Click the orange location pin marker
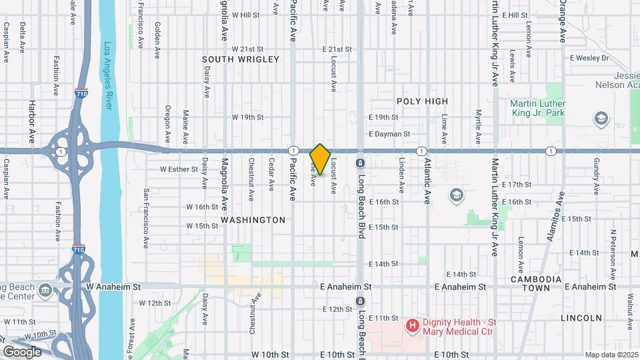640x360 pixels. coord(320,159)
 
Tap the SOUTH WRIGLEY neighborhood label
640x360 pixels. coord(231,60)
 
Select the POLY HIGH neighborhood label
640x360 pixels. coord(422,101)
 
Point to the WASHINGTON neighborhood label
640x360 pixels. coord(253,219)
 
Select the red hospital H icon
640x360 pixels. coord(412,326)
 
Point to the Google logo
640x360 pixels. coord(22,351)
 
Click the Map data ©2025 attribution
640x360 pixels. coord(611,355)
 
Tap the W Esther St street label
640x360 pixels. coord(179,169)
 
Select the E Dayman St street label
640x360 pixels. coord(389,134)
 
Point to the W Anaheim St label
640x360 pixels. coord(114,287)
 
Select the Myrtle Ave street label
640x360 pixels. coord(478,127)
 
